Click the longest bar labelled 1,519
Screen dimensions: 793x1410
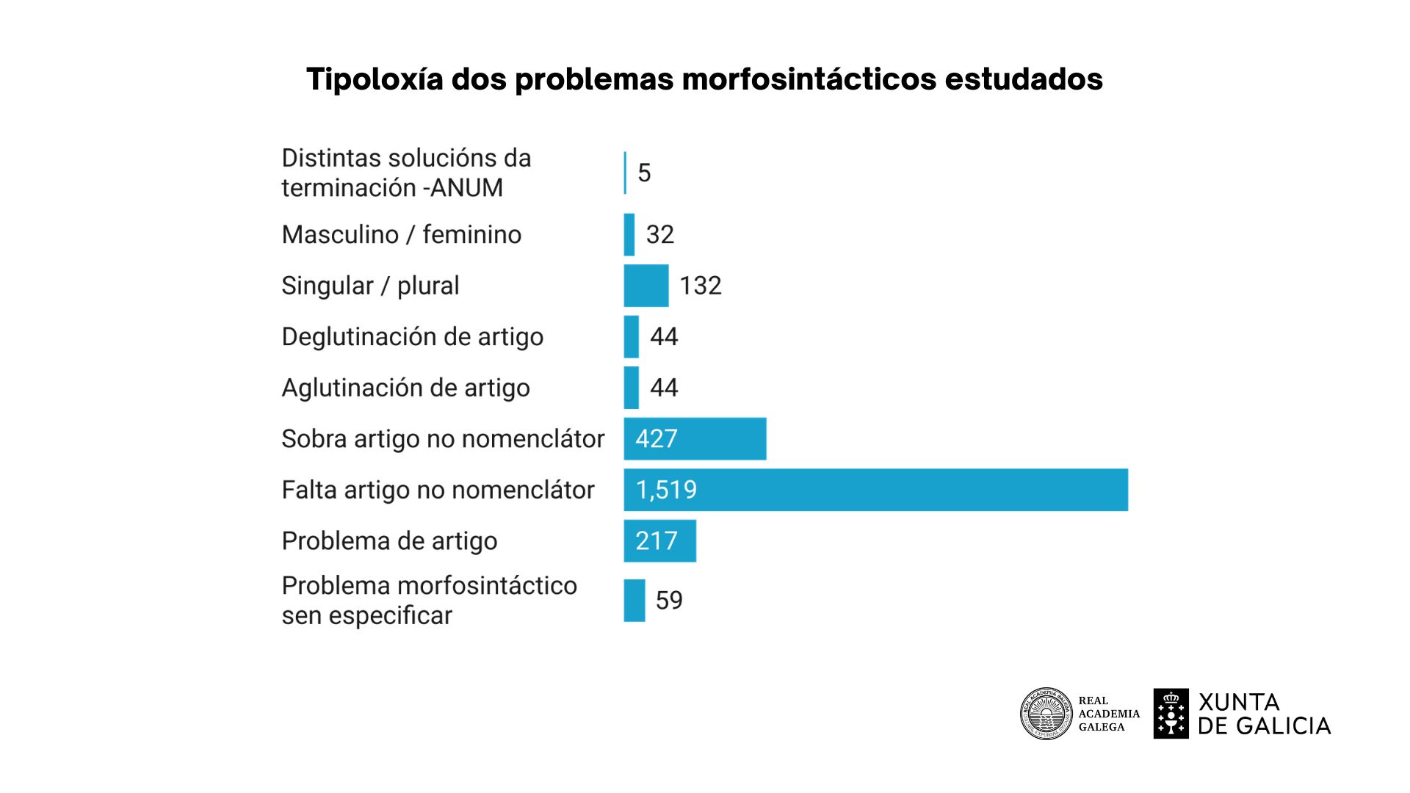click(x=875, y=490)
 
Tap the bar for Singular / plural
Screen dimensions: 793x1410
click(x=646, y=286)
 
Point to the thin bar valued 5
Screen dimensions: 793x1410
click(x=625, y=173)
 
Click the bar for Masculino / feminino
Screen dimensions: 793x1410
click(x=629, y=235)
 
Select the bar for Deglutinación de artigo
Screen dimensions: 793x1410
click(x=632, y=337)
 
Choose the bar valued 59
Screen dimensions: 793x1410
click(x=634, y=601)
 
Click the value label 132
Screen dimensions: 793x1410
click(x=701, y=286)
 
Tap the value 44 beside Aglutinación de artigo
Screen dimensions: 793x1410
click(x=664, y=388)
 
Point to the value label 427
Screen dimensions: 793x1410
click(x=656, y=439)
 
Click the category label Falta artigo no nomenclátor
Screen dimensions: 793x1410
click(x=438, y=490)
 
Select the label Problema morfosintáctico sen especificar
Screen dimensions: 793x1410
click(x=429, y=601)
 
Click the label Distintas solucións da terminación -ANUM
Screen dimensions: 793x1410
click(x=406, y=173)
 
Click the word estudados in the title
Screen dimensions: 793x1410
click(x=1024, y=79)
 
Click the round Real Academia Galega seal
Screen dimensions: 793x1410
click(x=1046, y=714)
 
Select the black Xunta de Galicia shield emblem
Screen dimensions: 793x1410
click(x=1171, y=714)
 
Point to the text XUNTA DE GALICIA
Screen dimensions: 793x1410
click(x=1264, y=714)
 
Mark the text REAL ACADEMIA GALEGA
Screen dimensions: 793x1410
click(x=1108, y=714)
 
